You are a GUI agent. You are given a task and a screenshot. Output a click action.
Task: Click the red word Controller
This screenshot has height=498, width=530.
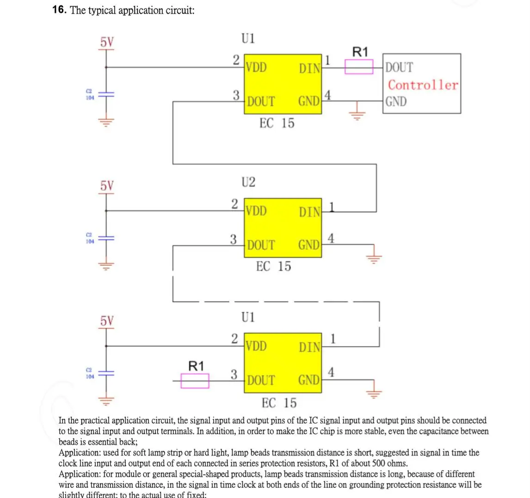click(x=423, y=85)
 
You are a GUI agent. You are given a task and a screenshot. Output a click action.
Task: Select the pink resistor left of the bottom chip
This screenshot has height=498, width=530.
click(x=195, y=381)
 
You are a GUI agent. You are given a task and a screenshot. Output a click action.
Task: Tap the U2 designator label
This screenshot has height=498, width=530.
click(x=248, y=182)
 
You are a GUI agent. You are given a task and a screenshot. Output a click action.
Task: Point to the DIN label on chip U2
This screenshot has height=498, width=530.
click(x=309, y=212)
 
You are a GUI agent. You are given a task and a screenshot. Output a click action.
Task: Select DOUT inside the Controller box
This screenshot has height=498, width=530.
click(x=399, y=68)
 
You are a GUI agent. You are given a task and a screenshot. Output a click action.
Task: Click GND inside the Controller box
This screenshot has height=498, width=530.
click(x=396, y=101)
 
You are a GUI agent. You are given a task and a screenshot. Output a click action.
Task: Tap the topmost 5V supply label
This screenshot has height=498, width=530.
click(x=107, y=43)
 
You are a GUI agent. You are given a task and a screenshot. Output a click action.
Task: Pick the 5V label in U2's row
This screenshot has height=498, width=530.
click(x=107, y=186)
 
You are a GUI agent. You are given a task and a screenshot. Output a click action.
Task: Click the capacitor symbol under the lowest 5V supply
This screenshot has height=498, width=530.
click(x=106, y=373)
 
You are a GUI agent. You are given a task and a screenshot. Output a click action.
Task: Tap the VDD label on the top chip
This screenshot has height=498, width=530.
click(x=256, y=68)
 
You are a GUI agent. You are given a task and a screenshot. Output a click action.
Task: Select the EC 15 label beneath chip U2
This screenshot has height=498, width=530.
click(x=274, y=266)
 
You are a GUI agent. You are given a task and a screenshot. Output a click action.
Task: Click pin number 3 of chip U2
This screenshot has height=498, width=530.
click(x=234, y=240)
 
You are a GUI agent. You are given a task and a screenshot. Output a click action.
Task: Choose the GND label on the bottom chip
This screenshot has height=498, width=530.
click(x=309, y=380)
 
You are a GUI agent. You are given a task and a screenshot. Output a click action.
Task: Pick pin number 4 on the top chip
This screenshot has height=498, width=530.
click(x=328, y=96)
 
